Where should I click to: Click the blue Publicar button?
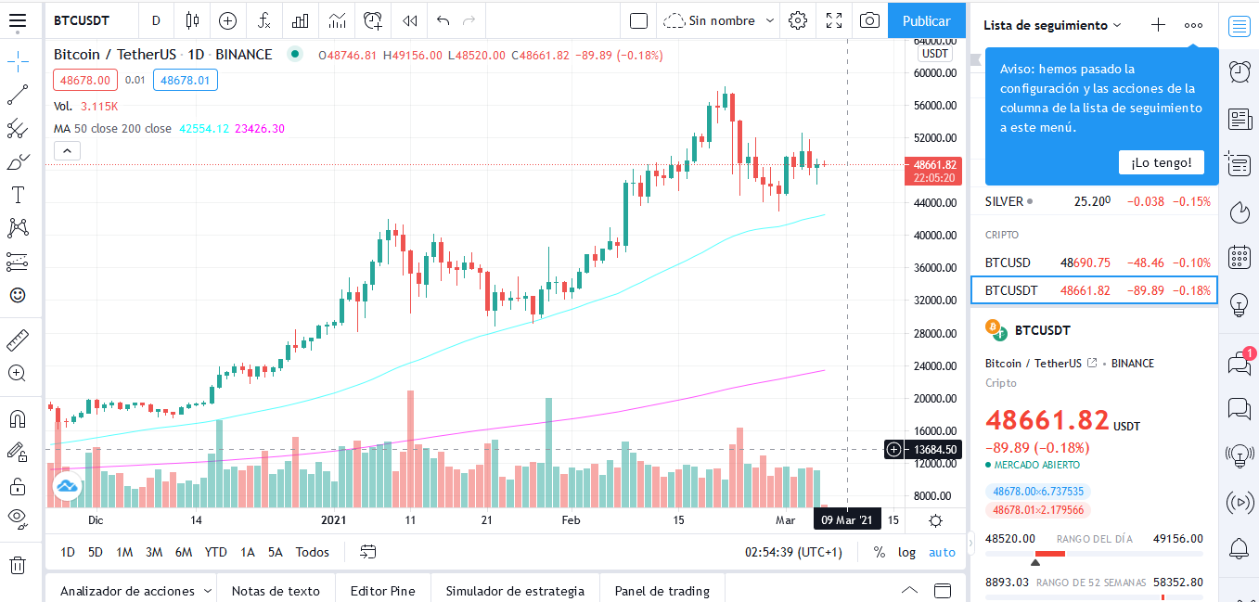(x=926, y=20)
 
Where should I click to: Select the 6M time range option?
(x=183, y=552)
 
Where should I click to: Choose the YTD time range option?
(x=215, y=552)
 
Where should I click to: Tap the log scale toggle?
(x=906, y=552)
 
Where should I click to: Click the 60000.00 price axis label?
(x=935, y=73)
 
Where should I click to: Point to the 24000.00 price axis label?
(x=935, y=365)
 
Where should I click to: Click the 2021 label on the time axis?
(x=333, y=520)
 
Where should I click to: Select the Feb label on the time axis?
(x=571, y=520)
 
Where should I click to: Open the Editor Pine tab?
(x=383, y=591)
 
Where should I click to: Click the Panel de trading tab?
(x=662, y=591)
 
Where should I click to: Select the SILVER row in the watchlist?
(x=1096, y=201)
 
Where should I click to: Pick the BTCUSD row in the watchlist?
(x=1096, y=263)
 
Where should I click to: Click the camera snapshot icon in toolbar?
(x=869, y=20)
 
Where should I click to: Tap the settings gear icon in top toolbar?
(x=798, y=20)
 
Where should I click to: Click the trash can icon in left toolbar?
(x=18, y=564)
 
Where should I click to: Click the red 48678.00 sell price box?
(x=85, y=80)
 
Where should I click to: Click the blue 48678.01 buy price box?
(x=185, y=80)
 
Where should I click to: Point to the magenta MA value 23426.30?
(x=260, y=128)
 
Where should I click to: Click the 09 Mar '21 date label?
(x=847, y=520)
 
